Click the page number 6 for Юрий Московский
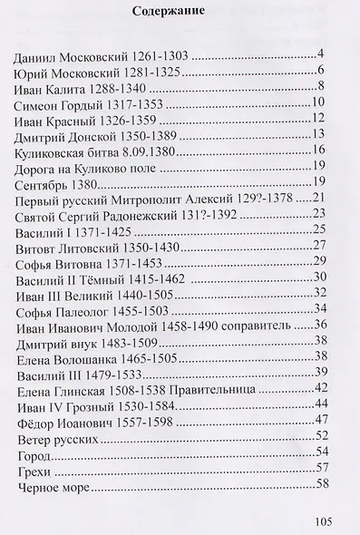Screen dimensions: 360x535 click(321, 73)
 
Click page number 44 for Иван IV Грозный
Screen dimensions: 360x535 click(318, 412)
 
